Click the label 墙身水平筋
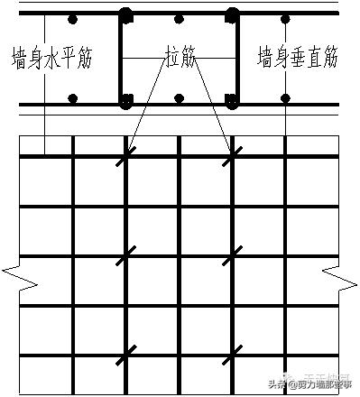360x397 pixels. point(60,59)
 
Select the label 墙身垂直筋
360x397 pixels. point(298,59)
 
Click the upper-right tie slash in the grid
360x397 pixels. point(232,156)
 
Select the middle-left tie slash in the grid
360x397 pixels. point(125,255)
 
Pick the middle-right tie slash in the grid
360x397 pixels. point(232,255)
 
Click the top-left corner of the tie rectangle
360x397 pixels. point(125,15)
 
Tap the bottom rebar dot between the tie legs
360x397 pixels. point(180,98)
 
